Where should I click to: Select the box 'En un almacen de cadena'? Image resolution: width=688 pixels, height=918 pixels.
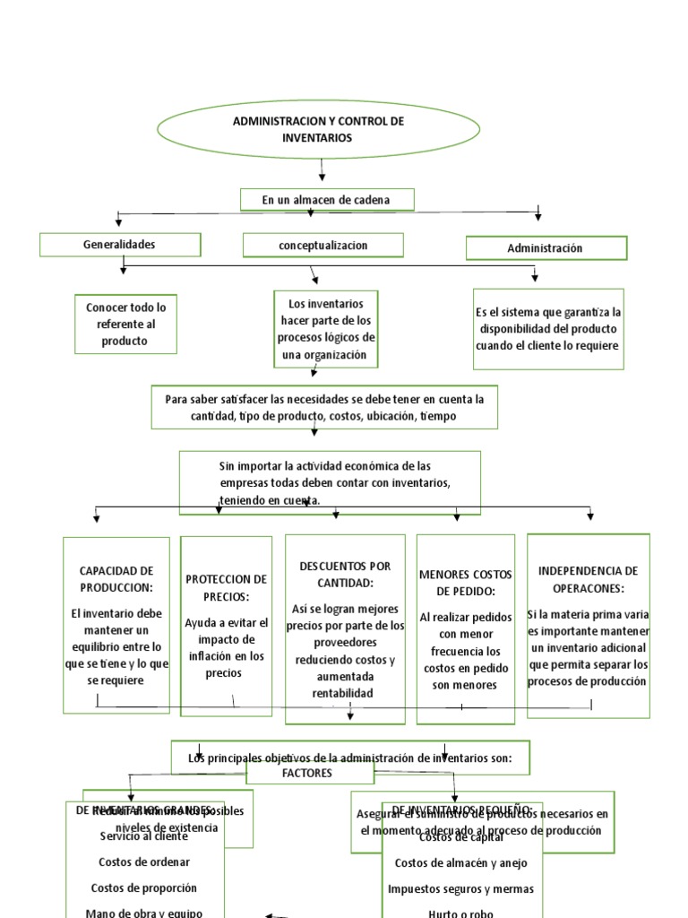[326, 200]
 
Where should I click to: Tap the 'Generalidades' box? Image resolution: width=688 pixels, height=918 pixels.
[120, 244]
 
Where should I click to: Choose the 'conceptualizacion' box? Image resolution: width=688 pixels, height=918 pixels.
[323, 245]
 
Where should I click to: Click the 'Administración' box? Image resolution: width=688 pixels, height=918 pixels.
[546, 248]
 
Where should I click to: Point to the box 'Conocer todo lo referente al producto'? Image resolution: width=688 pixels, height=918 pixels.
[126, 324]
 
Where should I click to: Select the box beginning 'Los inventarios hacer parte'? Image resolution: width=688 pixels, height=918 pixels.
[326, 329]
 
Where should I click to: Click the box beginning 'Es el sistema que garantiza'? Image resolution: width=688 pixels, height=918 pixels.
[548, 329]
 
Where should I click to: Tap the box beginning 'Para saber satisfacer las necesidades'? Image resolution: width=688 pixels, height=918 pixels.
[323, 408]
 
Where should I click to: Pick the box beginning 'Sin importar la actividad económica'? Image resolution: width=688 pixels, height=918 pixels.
[330, 482]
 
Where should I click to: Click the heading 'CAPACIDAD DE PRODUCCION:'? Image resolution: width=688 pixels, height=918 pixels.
[116, 578]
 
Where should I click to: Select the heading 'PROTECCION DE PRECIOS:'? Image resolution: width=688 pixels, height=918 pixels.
[226, 587]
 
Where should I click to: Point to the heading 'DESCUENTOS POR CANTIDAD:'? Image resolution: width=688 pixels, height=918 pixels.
[344, 574]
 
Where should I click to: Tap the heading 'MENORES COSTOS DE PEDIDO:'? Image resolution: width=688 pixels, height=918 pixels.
[464, 582]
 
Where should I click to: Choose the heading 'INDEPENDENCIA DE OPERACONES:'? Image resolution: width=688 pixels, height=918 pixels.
[588, 578]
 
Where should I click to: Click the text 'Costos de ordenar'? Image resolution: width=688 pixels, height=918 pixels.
[144, 862]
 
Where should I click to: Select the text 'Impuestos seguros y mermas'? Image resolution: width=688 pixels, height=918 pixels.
[460, 888]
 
